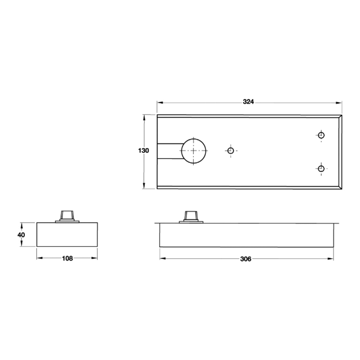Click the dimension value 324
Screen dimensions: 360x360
pyautogui.click(x=248, y=102)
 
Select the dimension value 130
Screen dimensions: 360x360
pyautogui.click(x=143, y=150)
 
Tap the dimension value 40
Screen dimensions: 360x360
pyautogui.click(x=21, y=234)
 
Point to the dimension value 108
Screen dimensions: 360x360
pyautogui.click(x=67, y=258)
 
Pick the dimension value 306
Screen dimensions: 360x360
pyautogui.click(x=246, y=258)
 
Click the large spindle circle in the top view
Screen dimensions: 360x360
pyautogui.click(x=194, y=150)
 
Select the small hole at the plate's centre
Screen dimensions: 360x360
pyautogui.click(x=231, y=150)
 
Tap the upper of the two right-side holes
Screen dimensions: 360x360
pyautogui.click(x=321, y=135)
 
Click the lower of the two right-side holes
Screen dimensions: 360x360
pyautogui.click(x=321, y=168)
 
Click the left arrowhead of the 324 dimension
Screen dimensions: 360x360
pyautogui.click(x=159, y=102)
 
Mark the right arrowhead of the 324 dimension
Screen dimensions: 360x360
pyautogui.click(x=339, y=102)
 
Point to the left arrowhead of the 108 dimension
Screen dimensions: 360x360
pyautogui.click(x=39, y=258)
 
